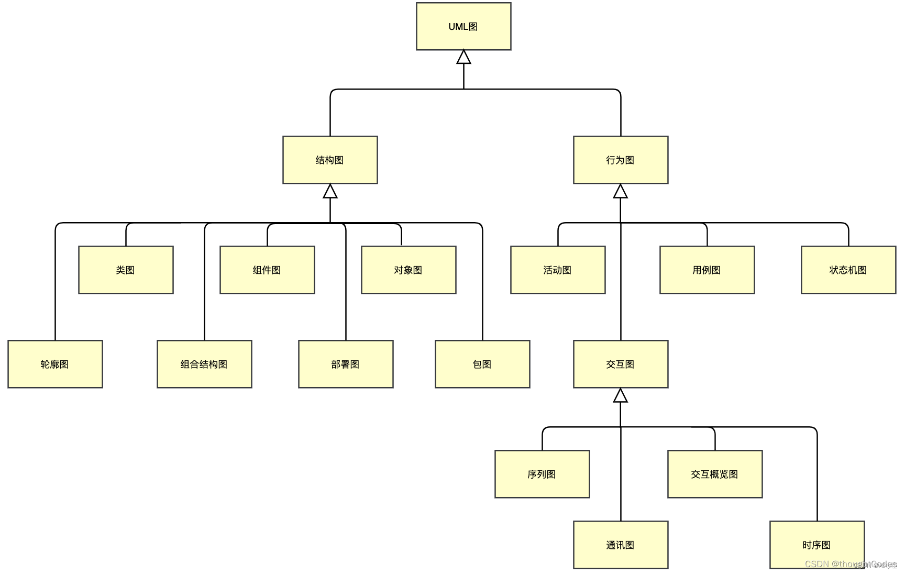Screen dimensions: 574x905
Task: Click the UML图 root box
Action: click(463, 27)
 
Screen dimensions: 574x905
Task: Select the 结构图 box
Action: click(330, 160)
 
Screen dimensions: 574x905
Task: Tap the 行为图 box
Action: click(621, 160)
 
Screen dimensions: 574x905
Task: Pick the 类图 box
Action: click(126, 270)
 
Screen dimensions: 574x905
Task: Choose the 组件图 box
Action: click(267, 270)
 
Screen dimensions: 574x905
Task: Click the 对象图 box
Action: click(409, 270)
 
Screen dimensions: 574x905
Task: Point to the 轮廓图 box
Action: click(55, 365)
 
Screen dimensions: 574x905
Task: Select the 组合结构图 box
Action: click(204, 365)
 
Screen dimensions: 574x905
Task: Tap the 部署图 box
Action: click(346, 365)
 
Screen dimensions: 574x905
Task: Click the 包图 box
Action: click(482, 365)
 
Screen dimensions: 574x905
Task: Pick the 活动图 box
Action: click(558, 270)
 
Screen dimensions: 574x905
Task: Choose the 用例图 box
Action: click(707, 270)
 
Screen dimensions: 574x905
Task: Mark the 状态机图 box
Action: click(848, 270)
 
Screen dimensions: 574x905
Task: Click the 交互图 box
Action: click(621, 365)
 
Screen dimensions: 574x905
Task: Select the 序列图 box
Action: click(542, 474)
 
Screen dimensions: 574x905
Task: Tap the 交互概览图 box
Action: click(715, 474)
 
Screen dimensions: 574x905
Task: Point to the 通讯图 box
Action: click(621, 545)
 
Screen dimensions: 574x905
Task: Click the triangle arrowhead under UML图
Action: click(463, 58)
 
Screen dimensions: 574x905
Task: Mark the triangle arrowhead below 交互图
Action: click(621, 396)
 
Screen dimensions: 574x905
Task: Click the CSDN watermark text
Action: click(850, 564)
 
